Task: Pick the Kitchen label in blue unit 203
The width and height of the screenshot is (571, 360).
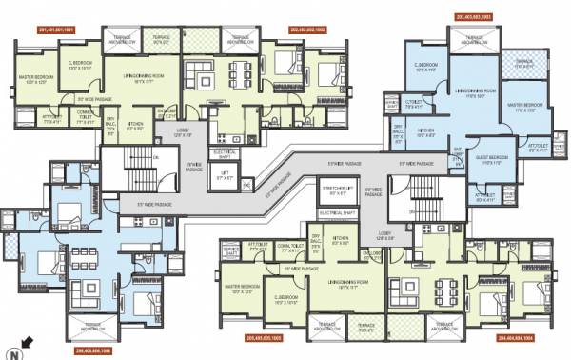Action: [x=425, y=131]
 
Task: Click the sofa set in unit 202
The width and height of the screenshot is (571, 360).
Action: [x=203, y=73]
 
